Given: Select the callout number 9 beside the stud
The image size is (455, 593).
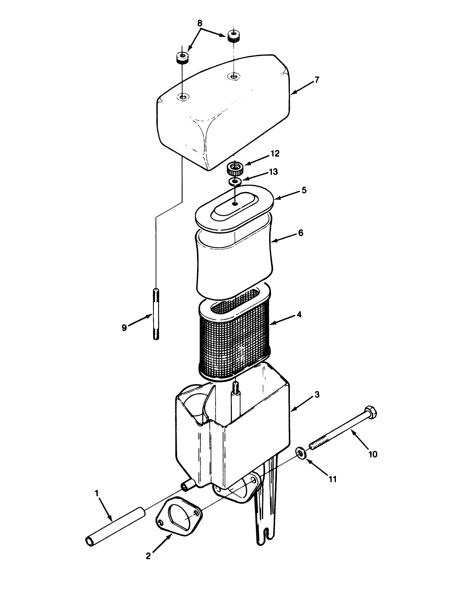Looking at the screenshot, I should click(124, 328).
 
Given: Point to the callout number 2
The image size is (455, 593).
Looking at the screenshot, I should click(148, 556).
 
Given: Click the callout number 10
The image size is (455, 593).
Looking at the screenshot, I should click(373, 454).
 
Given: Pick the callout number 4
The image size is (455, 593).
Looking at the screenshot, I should click(299, 315).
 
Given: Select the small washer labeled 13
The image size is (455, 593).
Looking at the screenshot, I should click(235, 182).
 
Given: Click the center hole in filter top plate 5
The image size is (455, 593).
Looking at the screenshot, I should click(234, 204).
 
